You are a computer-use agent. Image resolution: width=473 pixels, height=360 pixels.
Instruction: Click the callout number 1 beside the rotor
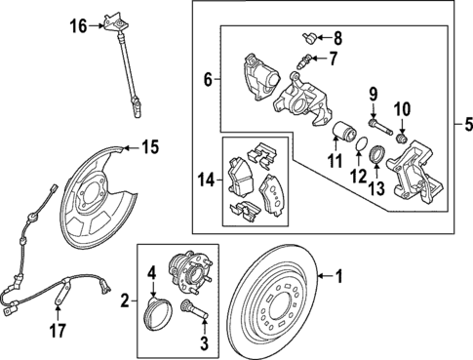(339, 276)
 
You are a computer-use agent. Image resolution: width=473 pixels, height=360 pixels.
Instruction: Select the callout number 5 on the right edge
(462, 124)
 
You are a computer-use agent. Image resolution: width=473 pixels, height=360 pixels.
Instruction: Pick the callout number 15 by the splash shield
(148, 148)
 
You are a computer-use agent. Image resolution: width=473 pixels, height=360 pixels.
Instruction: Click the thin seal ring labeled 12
(361, 146)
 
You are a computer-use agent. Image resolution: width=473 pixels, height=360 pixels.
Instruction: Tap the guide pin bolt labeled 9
(379, 126)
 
